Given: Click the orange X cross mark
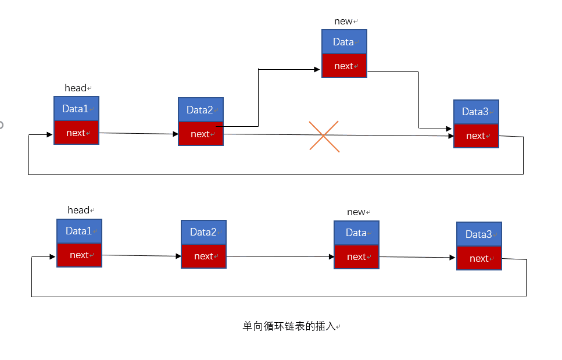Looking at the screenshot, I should tap(324, 137).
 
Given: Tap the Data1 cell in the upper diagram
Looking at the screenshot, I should tap(76, 109).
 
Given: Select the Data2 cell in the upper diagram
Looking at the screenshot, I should tap(201, 110).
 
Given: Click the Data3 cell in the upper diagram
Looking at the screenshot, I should tap(476, 112).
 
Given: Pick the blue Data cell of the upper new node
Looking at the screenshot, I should tap(344, 42).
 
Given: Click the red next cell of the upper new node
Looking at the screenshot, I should tap(344, 66).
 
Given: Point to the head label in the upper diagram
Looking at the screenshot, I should tap(76, 88).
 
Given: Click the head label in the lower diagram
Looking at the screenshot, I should tap(78, 210).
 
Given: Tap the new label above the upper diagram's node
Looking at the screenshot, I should tap(343, 21).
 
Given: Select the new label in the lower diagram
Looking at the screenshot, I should tap(356, 212).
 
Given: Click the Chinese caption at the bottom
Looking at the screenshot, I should tap(289, 326).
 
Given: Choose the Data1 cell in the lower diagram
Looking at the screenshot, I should tap(79, 231).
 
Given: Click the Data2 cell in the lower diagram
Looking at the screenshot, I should tap(203, 232).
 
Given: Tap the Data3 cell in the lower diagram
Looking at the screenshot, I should tap(479, 234).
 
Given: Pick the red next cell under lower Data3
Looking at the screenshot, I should tap(479, 258).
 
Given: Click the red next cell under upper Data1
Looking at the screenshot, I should tap(76, 133).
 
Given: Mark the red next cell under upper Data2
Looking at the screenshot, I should tap(201, 134).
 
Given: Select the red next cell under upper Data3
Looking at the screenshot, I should tap(476, 136).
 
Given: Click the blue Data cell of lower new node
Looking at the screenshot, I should tap(356, 233).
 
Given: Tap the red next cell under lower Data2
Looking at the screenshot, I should tap(203, 256).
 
